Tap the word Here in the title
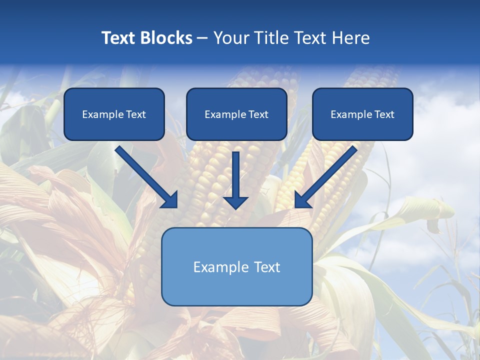[349, 38]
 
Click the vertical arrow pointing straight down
[235, 175]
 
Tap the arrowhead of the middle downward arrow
[235, 202]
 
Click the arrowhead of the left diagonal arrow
[170, 200]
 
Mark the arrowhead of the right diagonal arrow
[302, 200]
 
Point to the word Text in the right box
[384, 114]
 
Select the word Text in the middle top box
[258, 114]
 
